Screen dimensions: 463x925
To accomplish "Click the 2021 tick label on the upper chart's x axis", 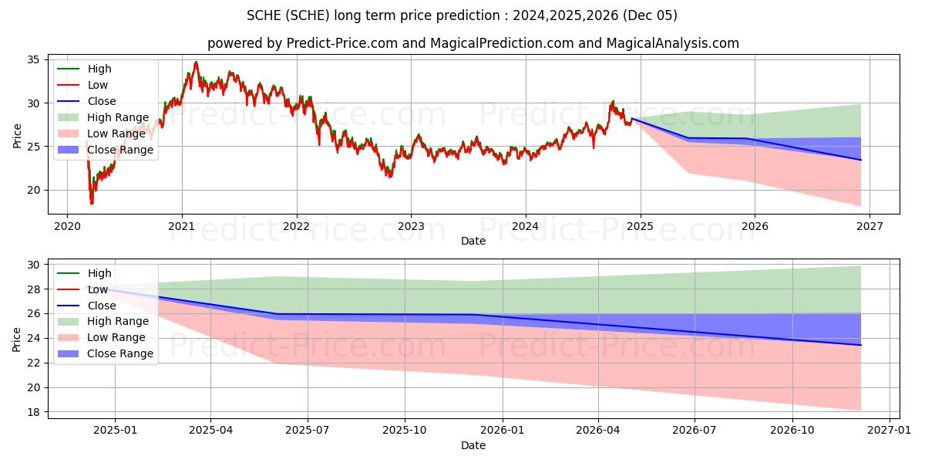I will [181, 226].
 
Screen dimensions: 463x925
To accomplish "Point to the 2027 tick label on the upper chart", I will [869, 226].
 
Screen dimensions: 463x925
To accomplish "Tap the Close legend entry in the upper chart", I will [102, 101].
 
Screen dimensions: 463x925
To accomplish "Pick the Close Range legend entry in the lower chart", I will [120, 353].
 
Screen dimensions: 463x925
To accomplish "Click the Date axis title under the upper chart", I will [473, 241].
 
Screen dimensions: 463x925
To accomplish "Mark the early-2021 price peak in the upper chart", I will [196, 63].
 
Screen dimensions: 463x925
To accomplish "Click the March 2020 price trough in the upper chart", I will [92, 203].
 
